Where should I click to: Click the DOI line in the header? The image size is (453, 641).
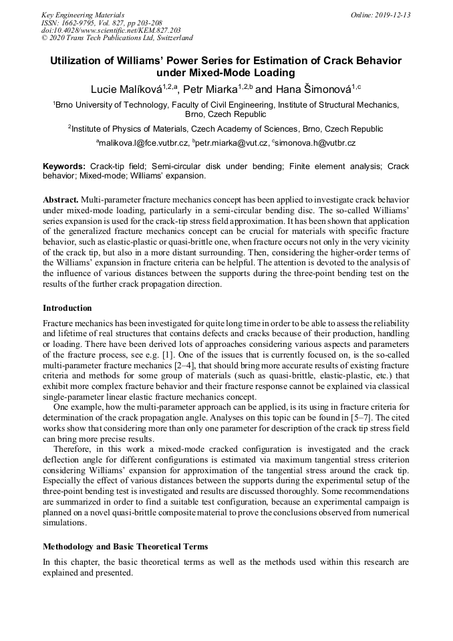pos(110,31)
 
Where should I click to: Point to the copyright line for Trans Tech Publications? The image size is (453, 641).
pos(117,38)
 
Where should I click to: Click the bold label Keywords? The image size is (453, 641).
pos(64,166)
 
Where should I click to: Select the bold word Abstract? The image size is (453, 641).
pos(61,200)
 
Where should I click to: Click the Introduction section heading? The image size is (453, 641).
pos(67,308)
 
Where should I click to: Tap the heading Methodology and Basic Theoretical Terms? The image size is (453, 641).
pos(125,547)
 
